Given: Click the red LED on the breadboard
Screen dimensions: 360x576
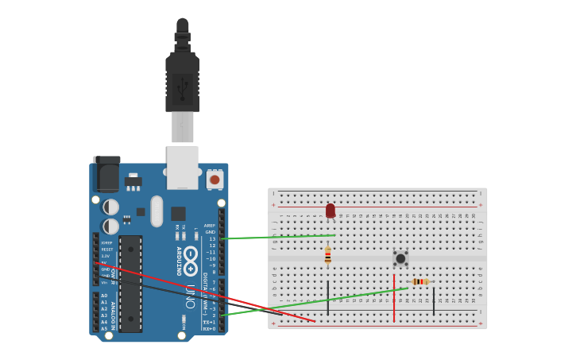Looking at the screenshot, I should [x=331, y=211].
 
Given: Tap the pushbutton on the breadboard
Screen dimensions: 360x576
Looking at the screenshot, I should [x=400, y=258].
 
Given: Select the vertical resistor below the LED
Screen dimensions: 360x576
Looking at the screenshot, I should [x=327, y=256].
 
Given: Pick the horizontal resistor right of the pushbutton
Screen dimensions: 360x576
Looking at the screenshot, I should [x=420, y=281].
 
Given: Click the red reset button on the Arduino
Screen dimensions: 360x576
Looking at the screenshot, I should [x=215, y=180].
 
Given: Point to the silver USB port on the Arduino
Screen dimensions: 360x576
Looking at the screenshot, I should [x=183, y=167].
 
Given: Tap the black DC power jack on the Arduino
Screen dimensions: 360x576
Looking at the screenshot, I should [x=106, y=173].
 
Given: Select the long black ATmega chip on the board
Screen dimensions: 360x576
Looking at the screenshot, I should [x=130, y=283].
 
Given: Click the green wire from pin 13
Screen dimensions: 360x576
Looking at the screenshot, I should [x=278, y=237].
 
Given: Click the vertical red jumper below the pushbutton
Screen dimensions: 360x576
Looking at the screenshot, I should [x=394, y=298].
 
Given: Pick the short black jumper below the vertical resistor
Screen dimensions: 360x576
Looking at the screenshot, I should [x=327, y=296].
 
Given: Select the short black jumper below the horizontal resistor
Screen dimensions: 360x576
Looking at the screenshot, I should [x=434, y=300].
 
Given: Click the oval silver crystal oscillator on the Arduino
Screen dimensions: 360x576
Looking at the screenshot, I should [x=157, y=211].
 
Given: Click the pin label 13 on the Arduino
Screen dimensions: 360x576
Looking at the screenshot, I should [x=212, y=238].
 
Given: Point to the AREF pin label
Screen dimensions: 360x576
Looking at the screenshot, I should [x=210, y=225].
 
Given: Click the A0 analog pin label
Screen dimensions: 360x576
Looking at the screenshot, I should [x=104, y=296].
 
